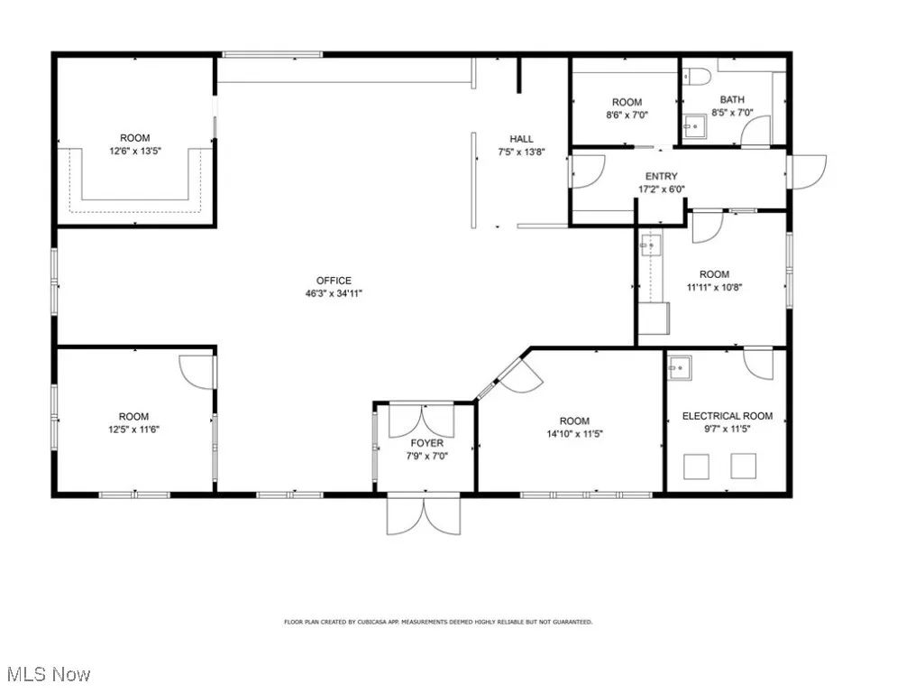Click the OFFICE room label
click(334, 281)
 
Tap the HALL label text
click(521, 139)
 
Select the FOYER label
click(427, 443)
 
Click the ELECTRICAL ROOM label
click(727, 416)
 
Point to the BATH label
click(732, 100)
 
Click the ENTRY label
click(661, 177)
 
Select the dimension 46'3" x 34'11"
click(334, 293)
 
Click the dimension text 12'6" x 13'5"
click(135, 151)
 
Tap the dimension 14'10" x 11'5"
click(574, 433)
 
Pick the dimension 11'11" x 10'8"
click(714, 287)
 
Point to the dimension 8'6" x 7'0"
click(627, 115)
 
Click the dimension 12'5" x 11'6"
click(133, 429)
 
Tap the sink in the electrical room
click(679, 365)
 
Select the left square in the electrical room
click(696, 466)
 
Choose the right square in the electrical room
click(743, 466)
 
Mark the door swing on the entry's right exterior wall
click(808, 171)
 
